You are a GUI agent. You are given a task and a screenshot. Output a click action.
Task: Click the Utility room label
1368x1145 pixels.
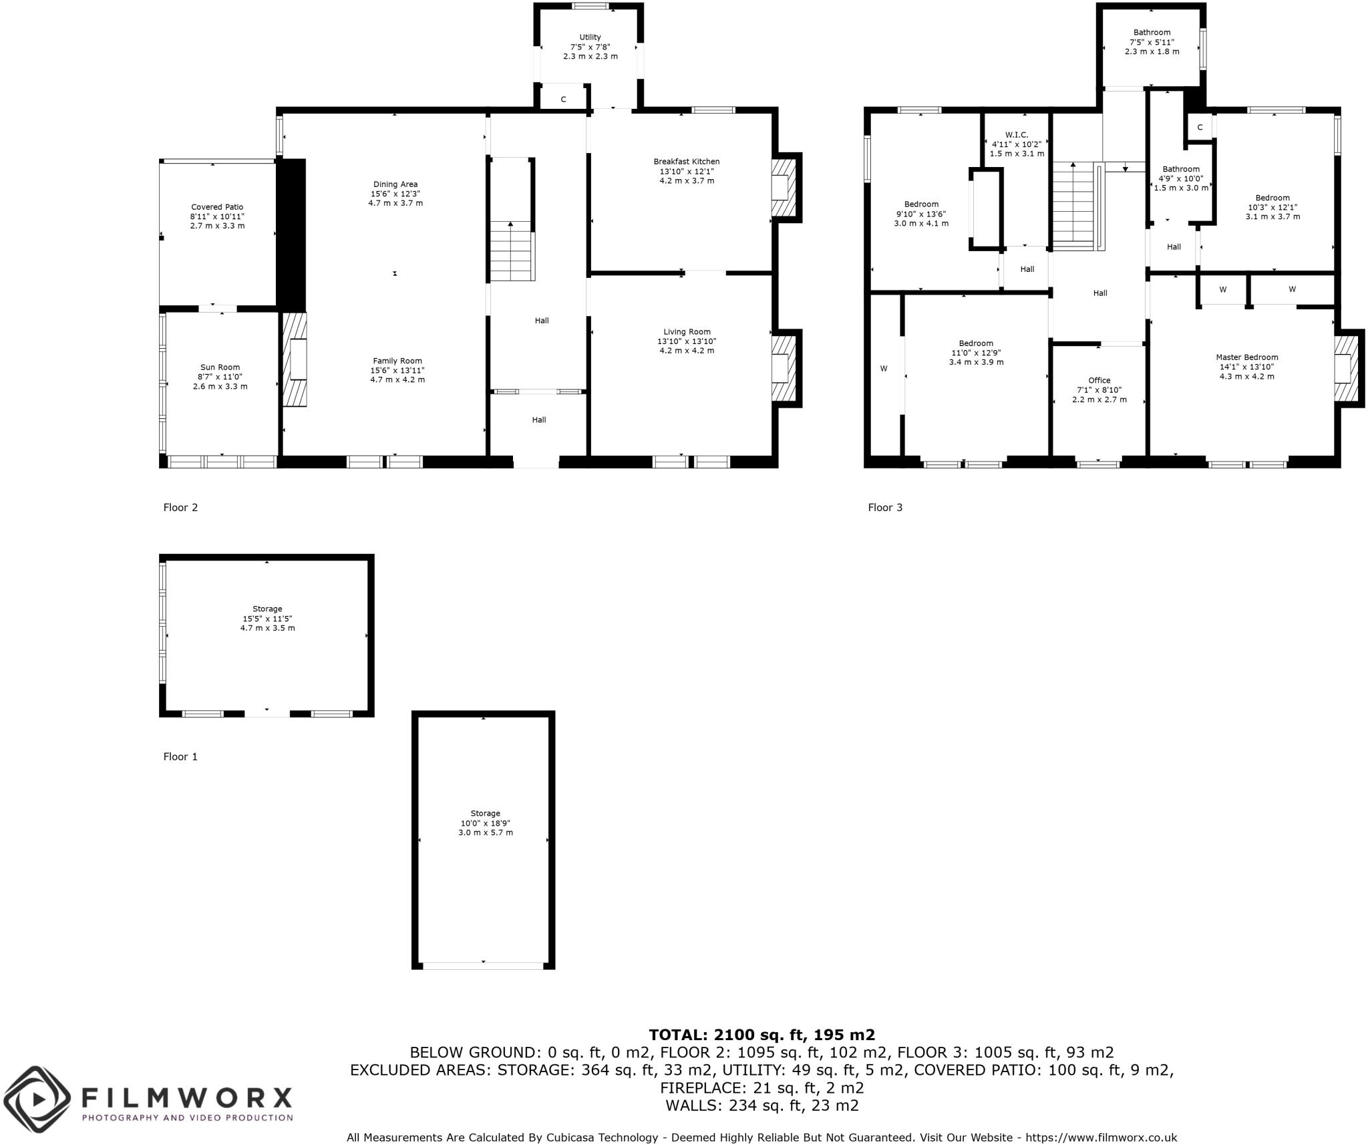point(590,37)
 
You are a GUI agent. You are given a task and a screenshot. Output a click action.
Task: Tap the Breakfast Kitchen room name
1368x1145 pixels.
point(686,162)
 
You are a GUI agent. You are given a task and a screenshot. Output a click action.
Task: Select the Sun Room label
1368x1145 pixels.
point(220,367)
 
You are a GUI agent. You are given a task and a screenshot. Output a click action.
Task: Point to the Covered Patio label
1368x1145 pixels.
point(217,207)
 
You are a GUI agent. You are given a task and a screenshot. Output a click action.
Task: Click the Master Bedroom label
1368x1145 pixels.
point(1246,357)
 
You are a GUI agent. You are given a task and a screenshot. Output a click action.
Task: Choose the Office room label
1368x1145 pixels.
point(1099,381)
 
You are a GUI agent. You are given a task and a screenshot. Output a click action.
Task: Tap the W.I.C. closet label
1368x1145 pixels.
point(1016,135)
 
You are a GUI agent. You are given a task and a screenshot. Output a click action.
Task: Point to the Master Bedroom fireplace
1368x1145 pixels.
point(1347,368)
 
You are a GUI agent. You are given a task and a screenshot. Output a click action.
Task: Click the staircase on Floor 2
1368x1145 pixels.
point(512,252)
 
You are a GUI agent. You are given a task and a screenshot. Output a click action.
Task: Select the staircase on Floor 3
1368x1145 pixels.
point(1075,207)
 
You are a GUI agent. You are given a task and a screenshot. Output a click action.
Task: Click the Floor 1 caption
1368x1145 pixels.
point(180,757)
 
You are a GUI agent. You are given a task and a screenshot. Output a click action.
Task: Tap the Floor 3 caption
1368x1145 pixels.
point(884,508)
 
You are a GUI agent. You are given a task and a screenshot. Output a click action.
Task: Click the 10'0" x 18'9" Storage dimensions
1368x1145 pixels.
point(485,824)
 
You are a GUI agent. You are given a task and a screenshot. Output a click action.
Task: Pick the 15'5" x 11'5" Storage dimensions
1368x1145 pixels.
point(267,619)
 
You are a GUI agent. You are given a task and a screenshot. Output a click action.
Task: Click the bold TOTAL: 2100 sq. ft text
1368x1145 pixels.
point(761,1035)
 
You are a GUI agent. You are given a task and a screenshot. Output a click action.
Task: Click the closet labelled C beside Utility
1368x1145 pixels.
point(563,100)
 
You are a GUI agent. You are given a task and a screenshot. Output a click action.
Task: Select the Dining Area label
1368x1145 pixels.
point(395,184)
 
